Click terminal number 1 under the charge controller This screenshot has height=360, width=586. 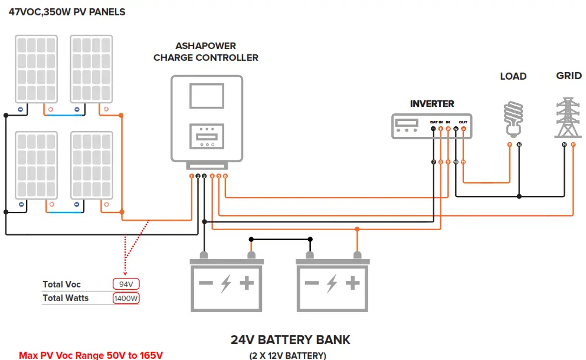click(x=191, y=176)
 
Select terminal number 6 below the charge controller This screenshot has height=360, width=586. click(x=225, y=176)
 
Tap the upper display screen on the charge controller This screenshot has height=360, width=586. click(x=207, y=96)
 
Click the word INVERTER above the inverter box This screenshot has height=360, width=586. click(x=432, y=104)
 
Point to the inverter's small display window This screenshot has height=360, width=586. click(x=407, y=123)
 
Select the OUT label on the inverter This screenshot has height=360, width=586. click(x=463, y=122)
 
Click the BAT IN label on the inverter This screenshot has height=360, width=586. click(x=436, y=122)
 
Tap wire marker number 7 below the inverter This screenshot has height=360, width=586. click(x=434, y=162)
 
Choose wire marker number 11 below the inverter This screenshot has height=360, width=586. click(x=463, y=162)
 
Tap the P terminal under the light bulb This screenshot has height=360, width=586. click(x=509, y=145)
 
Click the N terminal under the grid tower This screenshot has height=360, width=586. click(x=565, y=145)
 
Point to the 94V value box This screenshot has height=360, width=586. click(x=126, y=284)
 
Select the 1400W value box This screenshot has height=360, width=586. click(x=126, y=298)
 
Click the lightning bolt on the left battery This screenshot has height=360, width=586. click(x=225, y=283)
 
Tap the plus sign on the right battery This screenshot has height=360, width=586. click(x=352, y=283)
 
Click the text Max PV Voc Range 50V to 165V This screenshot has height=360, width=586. click(x=91, y=355)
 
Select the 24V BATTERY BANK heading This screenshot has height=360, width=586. click(x=290, y=340)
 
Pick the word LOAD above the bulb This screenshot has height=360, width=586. click(x=513, y=76)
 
